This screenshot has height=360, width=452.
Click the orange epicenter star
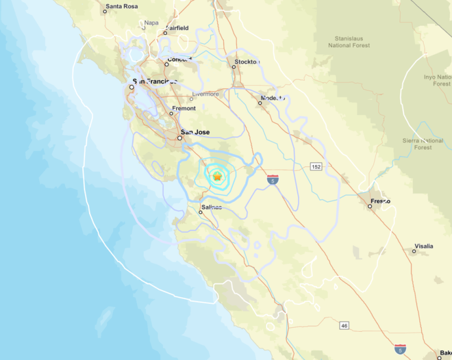tap(217, 176)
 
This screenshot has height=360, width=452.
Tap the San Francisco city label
tap(155, 82)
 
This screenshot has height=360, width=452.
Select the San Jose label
tap(196, 132)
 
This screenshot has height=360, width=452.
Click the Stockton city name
tap(247, 63)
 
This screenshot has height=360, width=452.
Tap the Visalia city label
tap(423, 247)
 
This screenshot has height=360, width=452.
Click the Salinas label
tap(212, 207)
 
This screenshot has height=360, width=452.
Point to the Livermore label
tap(205, 94)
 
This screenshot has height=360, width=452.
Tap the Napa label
tap(151, 22)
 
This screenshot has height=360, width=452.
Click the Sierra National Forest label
tap(423, 144)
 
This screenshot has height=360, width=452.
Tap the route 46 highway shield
tap(344, 325)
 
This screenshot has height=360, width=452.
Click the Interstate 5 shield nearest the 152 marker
tap(272, 179)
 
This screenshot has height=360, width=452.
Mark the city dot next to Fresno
tap(370, 206)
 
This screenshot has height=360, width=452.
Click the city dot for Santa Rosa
tap(106, 11)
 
